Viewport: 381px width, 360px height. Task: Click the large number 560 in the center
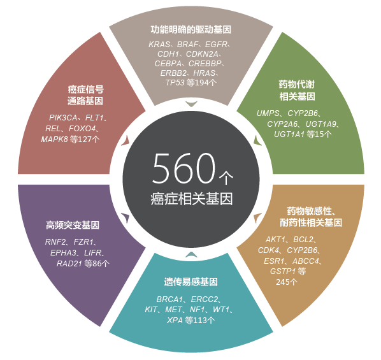tap(183, 168)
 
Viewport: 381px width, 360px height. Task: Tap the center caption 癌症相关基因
tap(192, 199)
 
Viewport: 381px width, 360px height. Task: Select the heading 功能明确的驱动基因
tap(191, 30)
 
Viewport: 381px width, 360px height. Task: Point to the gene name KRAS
tap(159, 45)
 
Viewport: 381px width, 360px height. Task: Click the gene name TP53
tap(175, 83)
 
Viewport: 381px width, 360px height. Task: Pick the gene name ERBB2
tap(173, 73)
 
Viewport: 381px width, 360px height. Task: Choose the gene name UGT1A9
tap(320, 124)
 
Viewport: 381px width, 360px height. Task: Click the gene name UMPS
tap(268, 113)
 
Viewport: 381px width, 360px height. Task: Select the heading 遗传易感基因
tap(191, 282)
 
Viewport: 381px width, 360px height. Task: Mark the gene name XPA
tap(175, 320)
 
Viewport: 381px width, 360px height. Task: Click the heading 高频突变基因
tap(73, 225)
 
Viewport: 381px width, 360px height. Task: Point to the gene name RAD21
tap(69, 264)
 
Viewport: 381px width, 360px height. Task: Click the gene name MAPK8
tap(54, 140)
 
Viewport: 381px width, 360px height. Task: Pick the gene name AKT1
tap(275, 240)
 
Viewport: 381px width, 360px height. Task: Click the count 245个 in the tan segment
tap(287, 282)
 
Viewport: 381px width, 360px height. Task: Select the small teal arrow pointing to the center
tap(191, 254)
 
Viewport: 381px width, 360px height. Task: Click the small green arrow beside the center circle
tap(257, 141)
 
